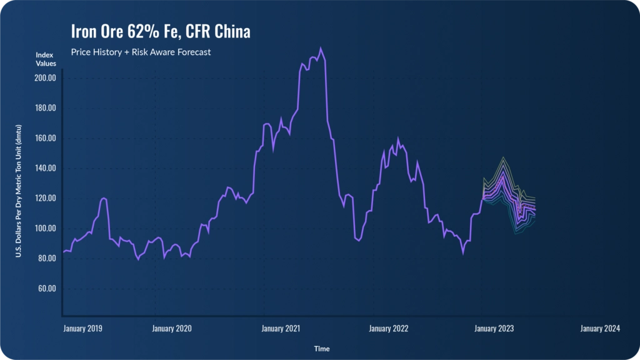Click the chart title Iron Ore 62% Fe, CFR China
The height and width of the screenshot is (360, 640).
[161, 32]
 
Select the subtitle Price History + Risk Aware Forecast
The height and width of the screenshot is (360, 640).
[141, 52]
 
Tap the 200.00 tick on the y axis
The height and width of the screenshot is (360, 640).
[44, 78]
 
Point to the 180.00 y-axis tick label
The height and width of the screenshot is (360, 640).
[44, 108]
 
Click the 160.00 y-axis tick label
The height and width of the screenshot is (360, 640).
[44, 138]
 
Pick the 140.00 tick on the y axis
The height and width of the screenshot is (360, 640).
[44, 168]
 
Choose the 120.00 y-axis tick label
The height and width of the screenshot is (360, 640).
[44, 198]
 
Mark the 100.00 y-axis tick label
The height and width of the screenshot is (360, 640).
[44, 228]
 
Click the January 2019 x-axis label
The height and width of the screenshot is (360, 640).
[83, 328]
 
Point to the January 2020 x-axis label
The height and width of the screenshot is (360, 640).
[172, 328]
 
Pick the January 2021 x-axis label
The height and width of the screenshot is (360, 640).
[281, 328]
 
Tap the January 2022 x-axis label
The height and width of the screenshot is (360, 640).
[389, 328]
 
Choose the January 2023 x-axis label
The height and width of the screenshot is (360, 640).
[494, 328]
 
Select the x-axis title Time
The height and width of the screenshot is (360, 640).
[322, 349]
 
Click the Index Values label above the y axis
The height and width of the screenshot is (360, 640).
[46, 59]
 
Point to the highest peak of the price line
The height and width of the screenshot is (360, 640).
[321, 48]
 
